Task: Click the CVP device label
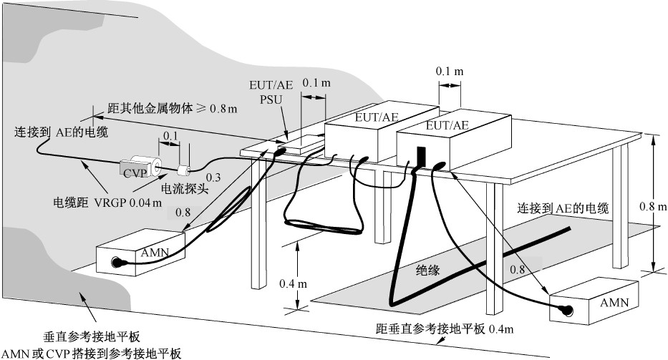(x=134, y=172)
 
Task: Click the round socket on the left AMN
(x=115, y=262)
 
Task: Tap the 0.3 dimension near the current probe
(x=214, y=177)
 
